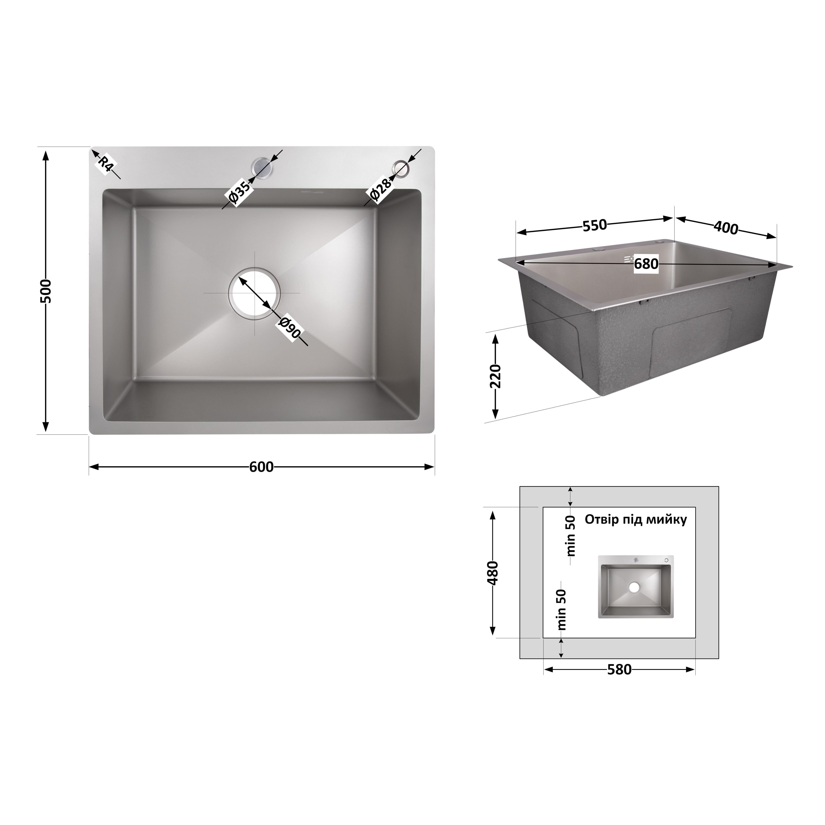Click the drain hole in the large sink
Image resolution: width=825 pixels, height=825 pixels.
255,293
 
